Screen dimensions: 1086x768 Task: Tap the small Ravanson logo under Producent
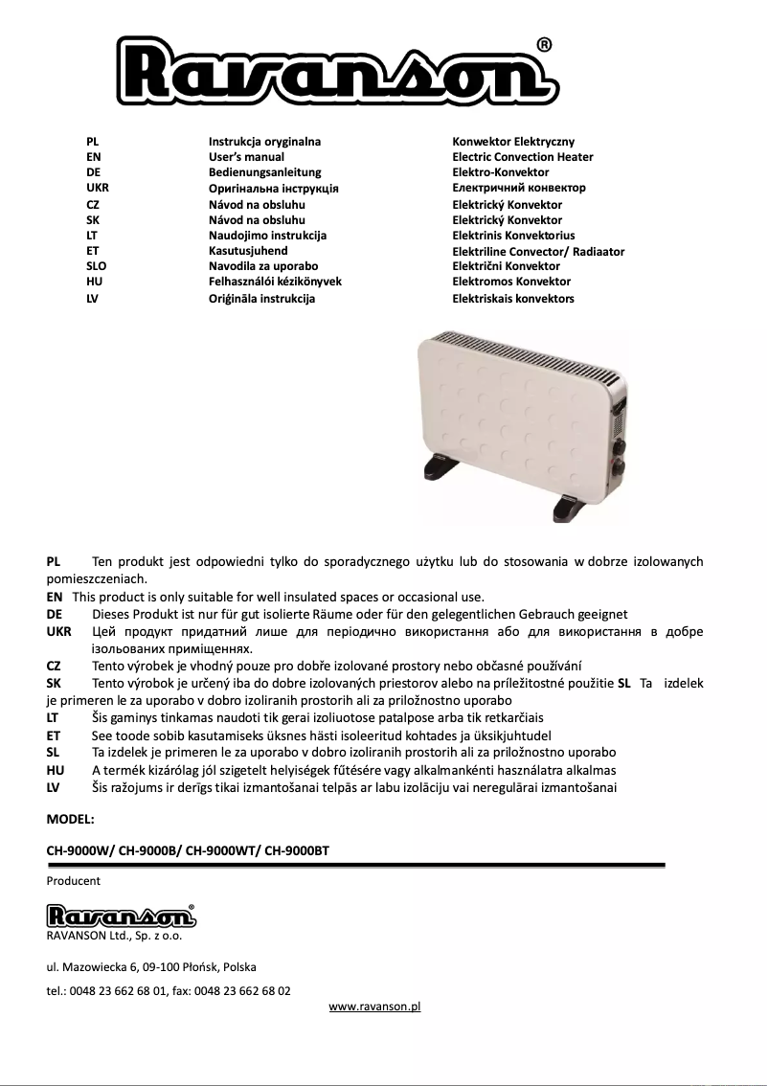[x=121, y=916]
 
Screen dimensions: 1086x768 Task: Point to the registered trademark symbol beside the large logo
[x=543, y=44]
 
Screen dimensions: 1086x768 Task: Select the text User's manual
[x=246, y=157]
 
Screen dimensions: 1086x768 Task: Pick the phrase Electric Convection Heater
[x=522, y=157]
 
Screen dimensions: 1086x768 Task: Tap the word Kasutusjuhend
[x=248, y=251]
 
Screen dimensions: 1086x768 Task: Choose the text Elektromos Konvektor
[x=511, y=282]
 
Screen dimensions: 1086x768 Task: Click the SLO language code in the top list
[x=96, y=266]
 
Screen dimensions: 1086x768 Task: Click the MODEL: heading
[x=71, y=820]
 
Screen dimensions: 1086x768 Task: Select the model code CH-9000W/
[x=79, y=849]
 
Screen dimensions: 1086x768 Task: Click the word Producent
[x=74, y=881]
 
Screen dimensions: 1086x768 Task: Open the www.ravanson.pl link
[x=374, y=1007]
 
